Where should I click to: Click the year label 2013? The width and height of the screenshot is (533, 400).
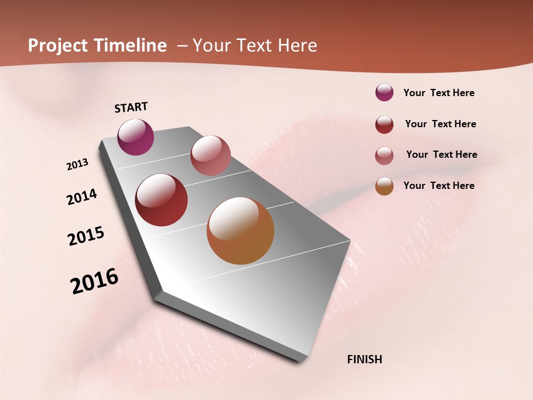tap(77, 164)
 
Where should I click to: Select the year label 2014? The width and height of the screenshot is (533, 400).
tap(82, 197)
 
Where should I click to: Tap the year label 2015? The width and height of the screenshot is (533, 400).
tap(86, 236)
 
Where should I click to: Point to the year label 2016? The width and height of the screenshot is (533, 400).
tap(94, 281)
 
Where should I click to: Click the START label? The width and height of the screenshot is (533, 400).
tap(131, 107)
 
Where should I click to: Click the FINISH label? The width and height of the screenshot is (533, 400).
tap(364, 359)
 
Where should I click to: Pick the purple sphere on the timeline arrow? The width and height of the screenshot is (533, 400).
tap(135, 137)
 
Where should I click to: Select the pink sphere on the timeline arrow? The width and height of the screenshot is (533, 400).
tap(210, 156)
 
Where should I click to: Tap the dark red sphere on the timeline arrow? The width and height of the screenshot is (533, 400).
tap(162, 200)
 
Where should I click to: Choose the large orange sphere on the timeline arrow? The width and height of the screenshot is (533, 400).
tap(240, 231)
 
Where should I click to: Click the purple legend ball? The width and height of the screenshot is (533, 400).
tap(384, 92)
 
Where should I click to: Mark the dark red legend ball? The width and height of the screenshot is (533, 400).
tap(384, 124)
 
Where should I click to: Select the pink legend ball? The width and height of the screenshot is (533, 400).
tap(384, 156)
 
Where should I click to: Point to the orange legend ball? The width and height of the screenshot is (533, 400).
tap(384, 186)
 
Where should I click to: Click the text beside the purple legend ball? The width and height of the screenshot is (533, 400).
tap(439, 93)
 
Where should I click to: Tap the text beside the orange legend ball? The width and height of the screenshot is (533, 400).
tap(439, 186)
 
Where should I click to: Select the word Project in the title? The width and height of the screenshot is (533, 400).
tap(58, 46)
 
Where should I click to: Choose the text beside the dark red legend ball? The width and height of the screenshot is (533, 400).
tap(440, 124)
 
